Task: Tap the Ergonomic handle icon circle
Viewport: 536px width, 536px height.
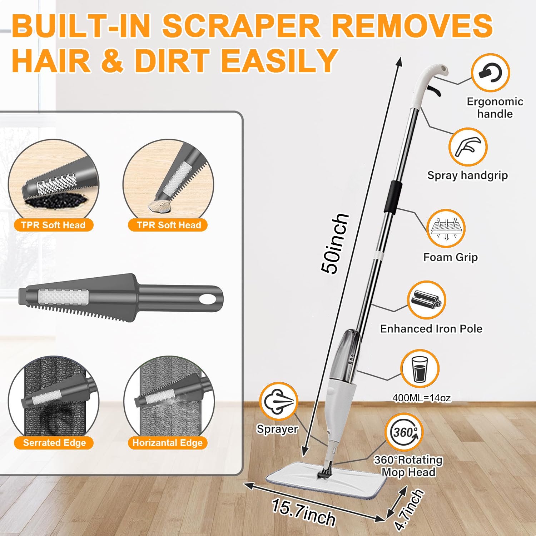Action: pos(490,73)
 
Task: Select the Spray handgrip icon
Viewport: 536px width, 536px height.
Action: pos(468,147)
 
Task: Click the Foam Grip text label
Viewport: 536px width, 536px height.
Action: pos(450,257)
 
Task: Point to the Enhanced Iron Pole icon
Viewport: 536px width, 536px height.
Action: pos(426,300)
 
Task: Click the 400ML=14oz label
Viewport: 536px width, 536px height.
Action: pos(422,398)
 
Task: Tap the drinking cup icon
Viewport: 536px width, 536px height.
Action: pos(420,369)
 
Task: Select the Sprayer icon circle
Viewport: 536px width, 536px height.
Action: pos(278,401)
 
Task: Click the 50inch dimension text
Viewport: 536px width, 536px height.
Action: pos(334,244)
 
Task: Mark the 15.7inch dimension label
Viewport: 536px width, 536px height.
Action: pos(304,513)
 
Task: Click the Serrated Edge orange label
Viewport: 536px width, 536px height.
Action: pos(54,443)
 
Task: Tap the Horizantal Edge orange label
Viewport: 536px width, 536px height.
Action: pos(168,443)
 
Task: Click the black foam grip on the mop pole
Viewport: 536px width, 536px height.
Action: pos(392,198)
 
